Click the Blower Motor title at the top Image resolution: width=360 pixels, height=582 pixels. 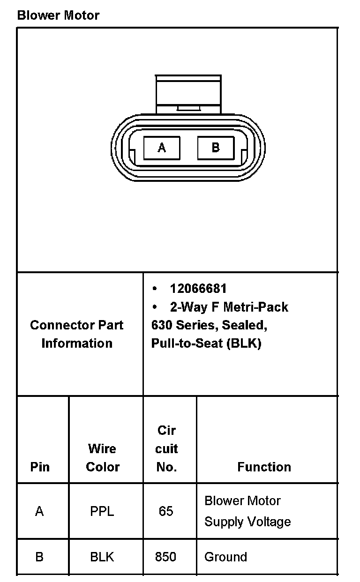coord(58,15)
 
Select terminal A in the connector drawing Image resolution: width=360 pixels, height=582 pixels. coord(162,148)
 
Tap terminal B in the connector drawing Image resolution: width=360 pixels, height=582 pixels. coord(216,148)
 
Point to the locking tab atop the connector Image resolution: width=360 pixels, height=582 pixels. coord(188,93)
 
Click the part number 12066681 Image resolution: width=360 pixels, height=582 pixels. coord(198,289)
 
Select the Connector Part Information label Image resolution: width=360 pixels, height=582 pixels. coord(77,334)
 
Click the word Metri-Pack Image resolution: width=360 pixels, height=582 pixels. coord(255,307)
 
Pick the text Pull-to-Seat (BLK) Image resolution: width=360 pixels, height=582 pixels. coord(206,343)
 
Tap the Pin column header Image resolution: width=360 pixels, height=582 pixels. coord(40,467)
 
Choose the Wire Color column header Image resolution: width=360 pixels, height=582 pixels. coord(103,457)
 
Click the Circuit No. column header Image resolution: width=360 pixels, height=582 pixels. coord(166,448)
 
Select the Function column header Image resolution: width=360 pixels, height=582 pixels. coord(264,467)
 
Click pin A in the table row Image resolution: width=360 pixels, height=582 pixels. coord(39,511)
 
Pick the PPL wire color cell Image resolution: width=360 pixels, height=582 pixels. coord(102,511)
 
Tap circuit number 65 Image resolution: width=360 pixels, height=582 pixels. coord(166,511)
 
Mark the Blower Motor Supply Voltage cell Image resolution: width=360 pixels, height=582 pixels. coord(247,511)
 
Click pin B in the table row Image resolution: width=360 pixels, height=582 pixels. coord(39,557)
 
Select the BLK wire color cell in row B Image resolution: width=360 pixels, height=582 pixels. coord(102,557)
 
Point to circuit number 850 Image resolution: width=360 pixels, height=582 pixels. coord(166,557)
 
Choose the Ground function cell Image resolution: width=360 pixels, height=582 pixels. coord(225,557)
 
